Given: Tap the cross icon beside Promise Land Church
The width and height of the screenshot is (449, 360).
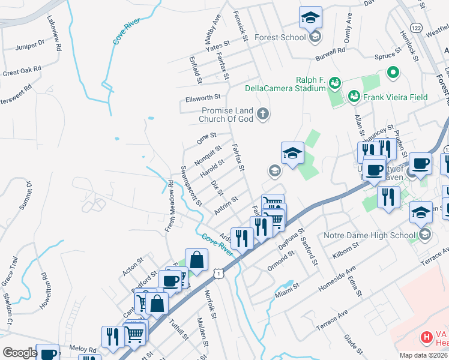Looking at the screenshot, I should click(x=262, y=114).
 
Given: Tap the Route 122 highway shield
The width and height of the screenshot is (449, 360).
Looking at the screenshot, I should click(x=415, y=28).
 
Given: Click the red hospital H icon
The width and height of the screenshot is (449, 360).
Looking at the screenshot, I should click(x=427, y=338).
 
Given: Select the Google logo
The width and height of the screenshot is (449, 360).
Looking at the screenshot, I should click(x=20, y=353).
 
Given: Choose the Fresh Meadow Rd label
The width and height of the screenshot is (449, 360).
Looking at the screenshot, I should click(x=170, y=197).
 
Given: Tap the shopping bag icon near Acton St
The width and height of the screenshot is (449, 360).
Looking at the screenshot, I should click(x=196, y=260).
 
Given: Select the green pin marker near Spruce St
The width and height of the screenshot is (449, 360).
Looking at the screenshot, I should click(x=393, y=73).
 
